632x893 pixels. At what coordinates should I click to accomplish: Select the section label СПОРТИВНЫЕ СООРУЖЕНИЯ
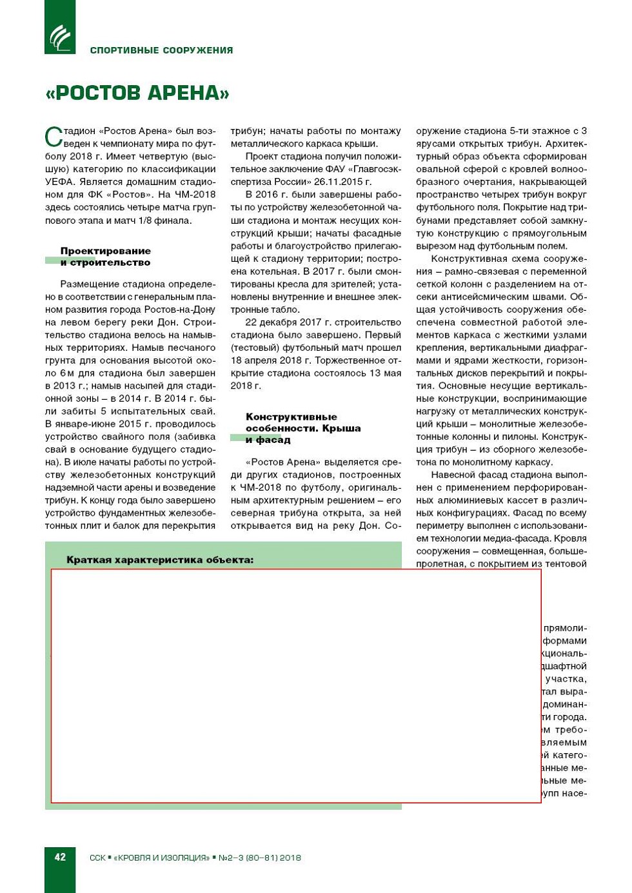click(161, 50)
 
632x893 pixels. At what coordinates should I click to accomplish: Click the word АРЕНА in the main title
click(188, 93)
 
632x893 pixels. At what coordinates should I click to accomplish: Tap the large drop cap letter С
click(53, 137)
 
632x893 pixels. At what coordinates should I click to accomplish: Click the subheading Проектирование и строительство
click(105, 257)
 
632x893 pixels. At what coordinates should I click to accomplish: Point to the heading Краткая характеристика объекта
click(160, 560)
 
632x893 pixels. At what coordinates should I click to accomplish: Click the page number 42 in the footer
click(60, 857)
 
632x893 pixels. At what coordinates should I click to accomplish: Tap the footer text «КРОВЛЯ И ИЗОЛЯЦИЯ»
click(161, 858)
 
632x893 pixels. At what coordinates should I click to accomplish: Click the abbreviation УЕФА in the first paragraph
click(60, 182)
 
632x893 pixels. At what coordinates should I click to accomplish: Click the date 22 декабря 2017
click(284, 322)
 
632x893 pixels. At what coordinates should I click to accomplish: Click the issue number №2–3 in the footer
click(230, 858)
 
